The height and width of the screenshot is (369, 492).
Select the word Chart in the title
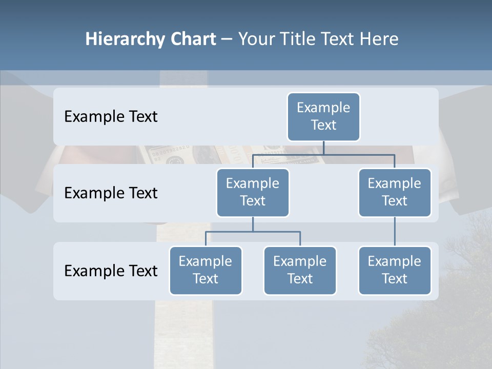tap(192, 39)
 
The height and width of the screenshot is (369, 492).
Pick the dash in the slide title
tap(227, 39)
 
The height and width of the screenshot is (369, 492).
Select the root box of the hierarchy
tap(323, 116)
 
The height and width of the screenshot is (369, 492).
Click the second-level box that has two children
tap(253, 192)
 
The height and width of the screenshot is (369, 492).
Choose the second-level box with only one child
tap(395, 192)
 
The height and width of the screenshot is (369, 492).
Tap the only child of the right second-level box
tap(395, 270)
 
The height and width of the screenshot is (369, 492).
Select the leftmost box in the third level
tap(206, 270)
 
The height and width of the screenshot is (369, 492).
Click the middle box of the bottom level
tap(300, 270)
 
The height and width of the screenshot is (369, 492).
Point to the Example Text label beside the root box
tap(111, 116)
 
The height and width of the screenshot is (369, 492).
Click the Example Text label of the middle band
tap(111, 193)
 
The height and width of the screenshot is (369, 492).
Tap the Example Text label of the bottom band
tap(111, 271)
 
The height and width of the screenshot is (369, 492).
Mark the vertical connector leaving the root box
tap(323, 148)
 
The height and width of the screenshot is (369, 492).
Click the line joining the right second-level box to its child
tap(395, 231)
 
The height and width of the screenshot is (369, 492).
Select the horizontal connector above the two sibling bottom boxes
tap(253, 232)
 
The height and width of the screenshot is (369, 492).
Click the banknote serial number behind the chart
tap(173, 150)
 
